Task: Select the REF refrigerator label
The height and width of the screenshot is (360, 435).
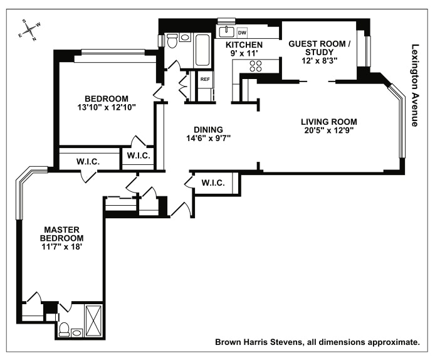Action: point(205,80)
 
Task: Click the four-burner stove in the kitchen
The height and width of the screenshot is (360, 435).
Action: point(255,67)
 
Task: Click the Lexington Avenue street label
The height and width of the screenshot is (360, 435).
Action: point(414,85)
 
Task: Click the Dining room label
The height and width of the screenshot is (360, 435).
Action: point(208,130)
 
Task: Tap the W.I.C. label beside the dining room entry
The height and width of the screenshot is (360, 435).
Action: point(213,183)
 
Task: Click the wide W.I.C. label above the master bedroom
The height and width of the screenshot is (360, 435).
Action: point(88,161)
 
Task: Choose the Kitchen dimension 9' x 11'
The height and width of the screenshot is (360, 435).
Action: point(244,55)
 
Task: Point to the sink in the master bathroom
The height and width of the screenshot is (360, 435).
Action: point(76,332)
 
